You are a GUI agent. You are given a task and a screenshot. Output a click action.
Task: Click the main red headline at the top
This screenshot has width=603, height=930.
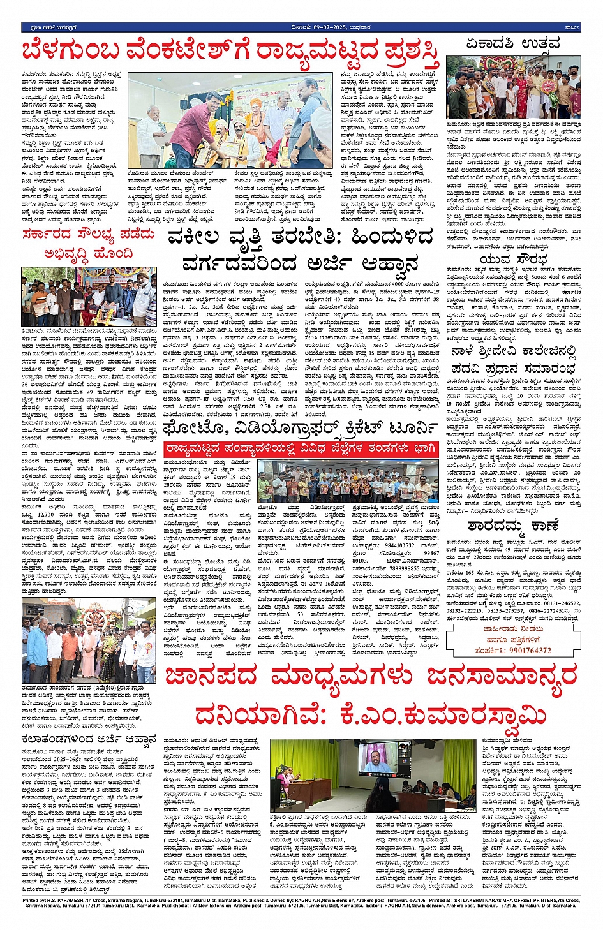click(x=230, y=54)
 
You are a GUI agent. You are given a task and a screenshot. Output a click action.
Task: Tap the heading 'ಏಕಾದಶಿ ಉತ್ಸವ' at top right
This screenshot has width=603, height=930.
click(x=513, y=44)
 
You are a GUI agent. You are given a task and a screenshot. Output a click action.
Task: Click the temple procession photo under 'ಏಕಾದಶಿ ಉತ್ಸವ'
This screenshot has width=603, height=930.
click(x=513, y=87)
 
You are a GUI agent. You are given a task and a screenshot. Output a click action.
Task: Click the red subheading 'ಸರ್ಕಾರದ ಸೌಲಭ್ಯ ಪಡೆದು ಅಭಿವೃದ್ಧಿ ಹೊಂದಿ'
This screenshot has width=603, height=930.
click(x=88, y=243)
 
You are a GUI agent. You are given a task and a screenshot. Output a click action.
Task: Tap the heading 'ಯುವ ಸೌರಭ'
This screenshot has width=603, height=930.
click(x=513, y=259)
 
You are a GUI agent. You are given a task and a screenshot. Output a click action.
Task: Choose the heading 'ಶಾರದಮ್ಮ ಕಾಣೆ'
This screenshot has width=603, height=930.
click(x=513, y=526)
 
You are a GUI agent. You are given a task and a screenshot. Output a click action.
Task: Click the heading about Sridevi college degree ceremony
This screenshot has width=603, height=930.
click(x=513, y=360)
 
